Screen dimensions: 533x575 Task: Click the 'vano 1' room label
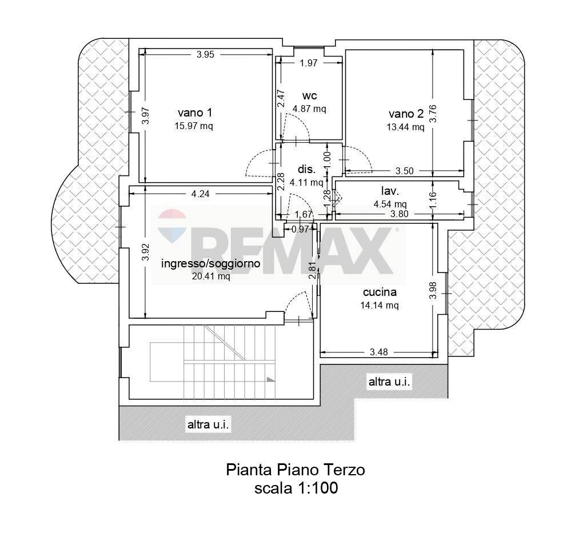click(x=194, y=113)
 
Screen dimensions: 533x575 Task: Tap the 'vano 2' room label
click(x=406, y=114)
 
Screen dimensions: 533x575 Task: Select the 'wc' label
click(x=309, y=95)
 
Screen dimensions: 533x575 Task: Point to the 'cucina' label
click(x=380, y=292)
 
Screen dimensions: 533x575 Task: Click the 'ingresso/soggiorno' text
click(x=211, y=263)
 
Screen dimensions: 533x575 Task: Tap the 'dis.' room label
click(x=306, y=170)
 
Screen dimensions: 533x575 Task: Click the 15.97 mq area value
click(x=194, y=126)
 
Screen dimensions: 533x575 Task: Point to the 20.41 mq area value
click(x=211, y=276)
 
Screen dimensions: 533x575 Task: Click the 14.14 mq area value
click(x=380, y=306)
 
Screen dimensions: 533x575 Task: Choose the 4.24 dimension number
click(x=200, y=194)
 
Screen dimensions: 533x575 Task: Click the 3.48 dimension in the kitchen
click(x=379, y=352)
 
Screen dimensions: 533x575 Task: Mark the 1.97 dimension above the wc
click(x=308, y=63)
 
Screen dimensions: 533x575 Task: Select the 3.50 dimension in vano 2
click(x=404, y=171)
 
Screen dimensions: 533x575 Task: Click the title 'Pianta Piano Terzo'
click(x=296, y=470)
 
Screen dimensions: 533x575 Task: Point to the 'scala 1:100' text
click(x=296, y=488)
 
